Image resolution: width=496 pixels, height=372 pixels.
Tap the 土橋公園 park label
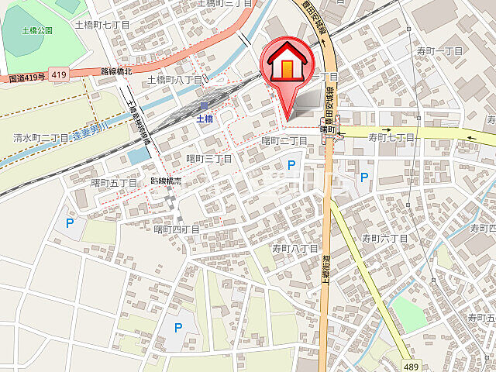pos(37,30)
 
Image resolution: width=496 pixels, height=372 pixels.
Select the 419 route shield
pos(58,74)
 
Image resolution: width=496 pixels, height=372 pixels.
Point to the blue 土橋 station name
pos(204,119)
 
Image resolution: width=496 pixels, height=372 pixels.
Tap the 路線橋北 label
pos(117,71)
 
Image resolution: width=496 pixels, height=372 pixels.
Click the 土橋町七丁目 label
pos(102,25)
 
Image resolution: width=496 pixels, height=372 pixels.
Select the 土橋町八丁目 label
pos(174,79)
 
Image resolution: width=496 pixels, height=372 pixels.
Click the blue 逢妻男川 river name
pos(92,131)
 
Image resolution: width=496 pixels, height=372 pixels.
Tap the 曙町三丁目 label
pos(209,158)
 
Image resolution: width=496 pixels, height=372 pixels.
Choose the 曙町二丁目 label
pos(285,140)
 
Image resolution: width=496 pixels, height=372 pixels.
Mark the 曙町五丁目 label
pos(114,183)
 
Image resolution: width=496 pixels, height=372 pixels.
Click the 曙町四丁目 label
pos(176,229)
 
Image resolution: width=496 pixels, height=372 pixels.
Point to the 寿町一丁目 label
pos(439,50)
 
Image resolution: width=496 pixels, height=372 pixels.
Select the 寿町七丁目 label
pos(391,137)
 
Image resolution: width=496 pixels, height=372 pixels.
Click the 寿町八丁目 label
pos(295,249)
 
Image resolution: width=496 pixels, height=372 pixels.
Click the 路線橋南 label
pos(166,181)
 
